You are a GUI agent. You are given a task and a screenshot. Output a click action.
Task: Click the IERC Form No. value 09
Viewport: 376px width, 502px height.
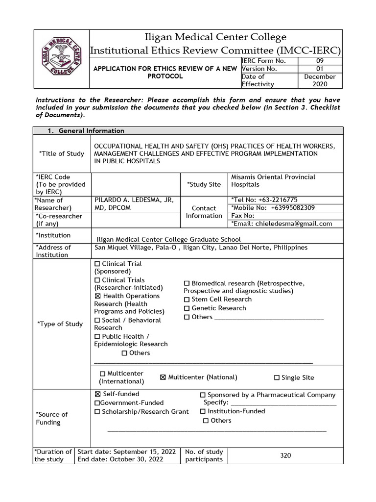pyautogui.click(x=320, y=61)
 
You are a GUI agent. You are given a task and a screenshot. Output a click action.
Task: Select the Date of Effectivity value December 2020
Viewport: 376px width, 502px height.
pyautogui.click(x=320, y=80)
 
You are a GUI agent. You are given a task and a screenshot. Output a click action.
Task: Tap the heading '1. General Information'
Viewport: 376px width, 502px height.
pyautogui.click(x=86, y=131)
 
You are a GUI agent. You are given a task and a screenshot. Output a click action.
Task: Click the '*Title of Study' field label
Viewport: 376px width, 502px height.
pyautogui.click(x=62, y=154)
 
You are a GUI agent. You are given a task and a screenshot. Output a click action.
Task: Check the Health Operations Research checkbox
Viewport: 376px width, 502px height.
pyautogui.click(x=97, y=297)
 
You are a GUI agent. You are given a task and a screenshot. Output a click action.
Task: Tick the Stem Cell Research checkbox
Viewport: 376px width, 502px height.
pyautogui.click(x=187, y=300)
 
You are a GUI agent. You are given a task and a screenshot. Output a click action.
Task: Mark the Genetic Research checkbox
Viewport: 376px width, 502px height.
pyautogui.click(x=187, y=308)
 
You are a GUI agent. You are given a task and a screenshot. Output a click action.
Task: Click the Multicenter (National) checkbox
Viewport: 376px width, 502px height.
pyautogui.click(x=164, y=377)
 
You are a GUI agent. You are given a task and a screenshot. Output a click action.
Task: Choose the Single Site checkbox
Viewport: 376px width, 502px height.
pyautogui.click(x=277, y=378)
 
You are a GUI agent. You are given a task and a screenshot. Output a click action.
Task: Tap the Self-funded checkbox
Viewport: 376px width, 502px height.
pyautogui.click(x=97, y=394)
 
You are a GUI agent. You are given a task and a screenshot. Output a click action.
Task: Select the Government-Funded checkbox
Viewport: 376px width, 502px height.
pyautogui.click(x=97, y=403)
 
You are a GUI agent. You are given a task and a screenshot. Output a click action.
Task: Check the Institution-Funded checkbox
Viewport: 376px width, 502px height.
pyautogui.click(x=203, y=412)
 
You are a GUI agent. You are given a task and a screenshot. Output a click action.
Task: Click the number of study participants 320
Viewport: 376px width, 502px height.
pyautogui.click(x=285, y=455)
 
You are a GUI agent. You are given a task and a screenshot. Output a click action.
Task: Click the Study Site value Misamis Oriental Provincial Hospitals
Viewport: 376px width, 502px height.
pyautogui.click(x=273, y=181)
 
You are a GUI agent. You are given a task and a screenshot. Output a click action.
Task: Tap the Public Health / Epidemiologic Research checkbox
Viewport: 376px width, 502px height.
pyautogui.click(x=97, y=337)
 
